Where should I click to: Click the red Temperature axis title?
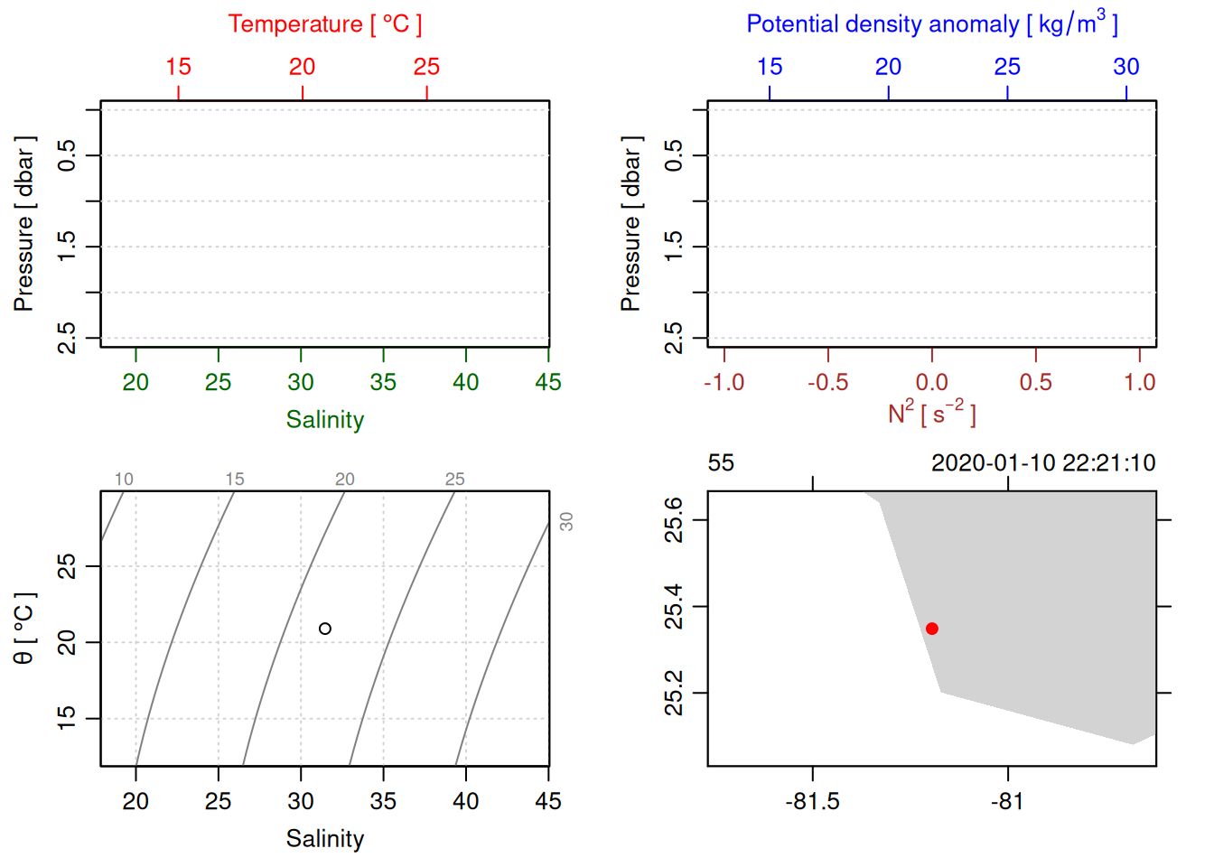pyautogui.click(x=324, y=24)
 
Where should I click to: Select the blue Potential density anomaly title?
pyautogui.click(x=931, y=23)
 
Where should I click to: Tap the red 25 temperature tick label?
pyautogui.click(x=426, y=67)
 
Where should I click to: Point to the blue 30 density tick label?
pyautogui.click(x=1125, y=67)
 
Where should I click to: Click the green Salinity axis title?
pyautogui.click(x=324, y=420)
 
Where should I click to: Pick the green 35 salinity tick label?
pyautogui.click(x=383, y=383)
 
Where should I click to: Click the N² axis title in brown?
pyautogui.click(x=931, y=413)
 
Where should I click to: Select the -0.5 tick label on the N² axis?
pyautogui.click(x=827, y=383)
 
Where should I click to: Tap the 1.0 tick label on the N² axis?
pyautogui.click(x=1139, y=383)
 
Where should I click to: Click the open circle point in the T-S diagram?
pyautogui.click(x=325, y=629)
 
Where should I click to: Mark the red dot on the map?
pyautogui.click(x=932, y=629)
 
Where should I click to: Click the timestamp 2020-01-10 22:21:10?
pyautogui.click(x=1043, y=463)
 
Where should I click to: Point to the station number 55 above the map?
pyautogui.click(x=721, y=463)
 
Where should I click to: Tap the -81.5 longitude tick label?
pyautogui.click(x=812, y=802)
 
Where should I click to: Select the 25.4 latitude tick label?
pyautogui.click(x=674, y=607)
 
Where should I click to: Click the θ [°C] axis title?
pyautogui.click(x=23, y=629)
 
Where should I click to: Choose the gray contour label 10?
pyautogui.click(x=124, y=480)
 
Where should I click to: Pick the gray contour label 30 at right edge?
pyautogui.click(x=566, y=521)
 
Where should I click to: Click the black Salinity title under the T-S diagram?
pyautogui.click(x=324, y=839)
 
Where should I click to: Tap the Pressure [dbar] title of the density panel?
pyautogui.click(x=630, y=224)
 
